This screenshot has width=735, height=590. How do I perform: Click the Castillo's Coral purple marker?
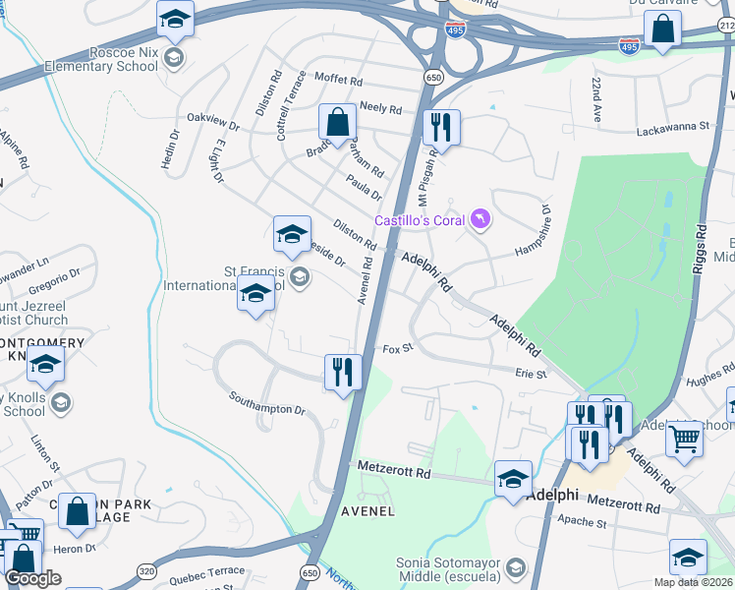(480, 218)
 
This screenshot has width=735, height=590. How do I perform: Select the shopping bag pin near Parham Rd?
(337, 124)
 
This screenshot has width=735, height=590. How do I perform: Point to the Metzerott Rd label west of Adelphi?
(394, 472)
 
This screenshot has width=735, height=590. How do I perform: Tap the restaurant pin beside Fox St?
(343, 373)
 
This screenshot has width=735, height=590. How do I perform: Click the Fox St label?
(397, 348)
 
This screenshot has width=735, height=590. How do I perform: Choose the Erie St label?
(531, 373)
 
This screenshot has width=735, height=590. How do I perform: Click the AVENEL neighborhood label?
(367, 511)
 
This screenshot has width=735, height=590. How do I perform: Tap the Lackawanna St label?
(672, 127)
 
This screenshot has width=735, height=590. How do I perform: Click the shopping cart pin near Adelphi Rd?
(684, 439)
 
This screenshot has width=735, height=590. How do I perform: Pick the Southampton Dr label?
(267, 403)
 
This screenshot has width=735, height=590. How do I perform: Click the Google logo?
(32, 578)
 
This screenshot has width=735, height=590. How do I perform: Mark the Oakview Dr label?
(213, 123)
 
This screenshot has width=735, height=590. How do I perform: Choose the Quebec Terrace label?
(206, 573)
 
